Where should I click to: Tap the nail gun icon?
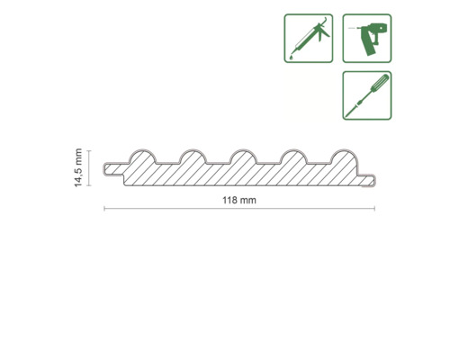[x=366, y=38]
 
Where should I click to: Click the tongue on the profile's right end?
[x=371, y=181]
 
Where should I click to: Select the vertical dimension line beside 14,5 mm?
[x=91, y=167]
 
